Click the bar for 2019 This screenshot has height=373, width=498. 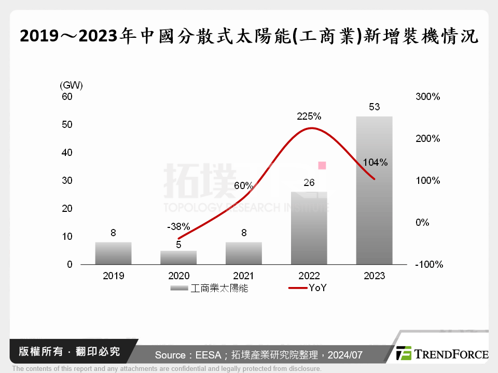(x=113, y=253)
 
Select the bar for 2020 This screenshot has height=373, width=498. (x=178, y=257)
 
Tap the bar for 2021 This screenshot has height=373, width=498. (x=244, y=253)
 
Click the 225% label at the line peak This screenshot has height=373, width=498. (x=309, y=117)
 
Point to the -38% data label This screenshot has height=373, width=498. (x=178, y=227)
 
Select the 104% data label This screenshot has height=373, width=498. (x=375, y=162)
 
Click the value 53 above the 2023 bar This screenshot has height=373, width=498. (x=375, y=107)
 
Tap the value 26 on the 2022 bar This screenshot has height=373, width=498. (x=309, y=182)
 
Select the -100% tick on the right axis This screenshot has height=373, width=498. (x=429, y=265)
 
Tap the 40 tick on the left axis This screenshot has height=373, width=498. (x=67, y=153)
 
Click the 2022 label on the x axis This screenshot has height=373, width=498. (x=309, y=276)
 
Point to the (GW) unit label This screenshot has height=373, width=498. (x=71, y=85)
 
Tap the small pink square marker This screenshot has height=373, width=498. (x=322, y=165)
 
